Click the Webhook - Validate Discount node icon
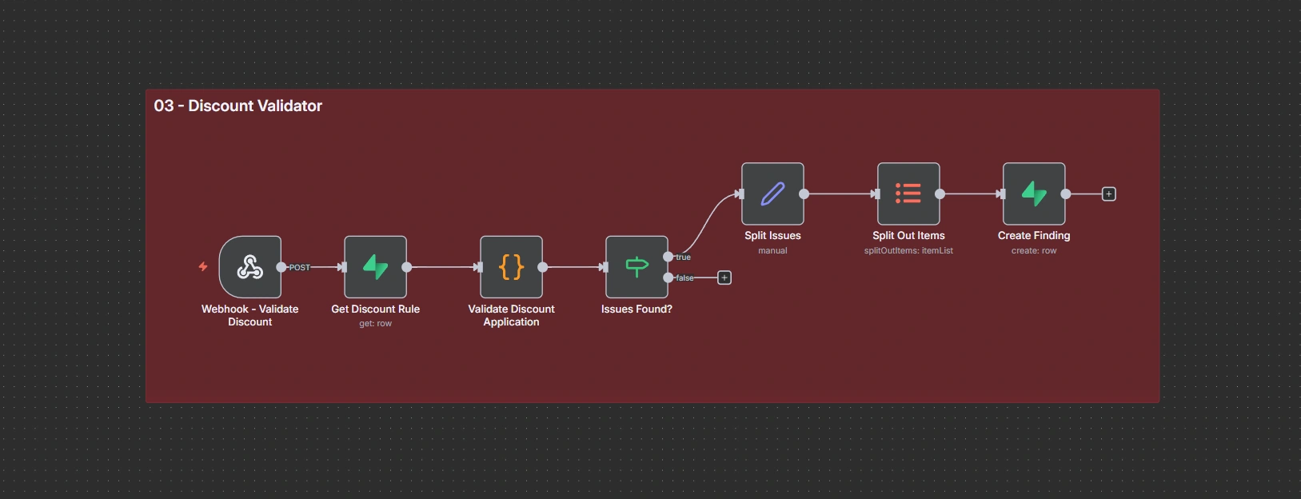coord(249,267)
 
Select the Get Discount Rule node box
coord(375,267)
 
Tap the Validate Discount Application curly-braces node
coord(511,267)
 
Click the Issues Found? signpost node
coord(637,267)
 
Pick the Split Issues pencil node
coord(772,194)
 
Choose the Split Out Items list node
coord(908,194)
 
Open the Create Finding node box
coord(1034,194)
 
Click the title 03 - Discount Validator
coord(237,106)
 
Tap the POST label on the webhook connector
coord(300,267)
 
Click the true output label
coord(683,257)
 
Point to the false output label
coord(684,278)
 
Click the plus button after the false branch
coord(724,277)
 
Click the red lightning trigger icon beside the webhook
coord(203,266)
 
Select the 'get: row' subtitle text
coord(375,324)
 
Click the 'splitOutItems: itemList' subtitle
coord(908,250)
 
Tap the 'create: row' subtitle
coord(1034,250)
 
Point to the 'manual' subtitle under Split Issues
coord(772,250)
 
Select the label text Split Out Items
coord(908,235)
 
